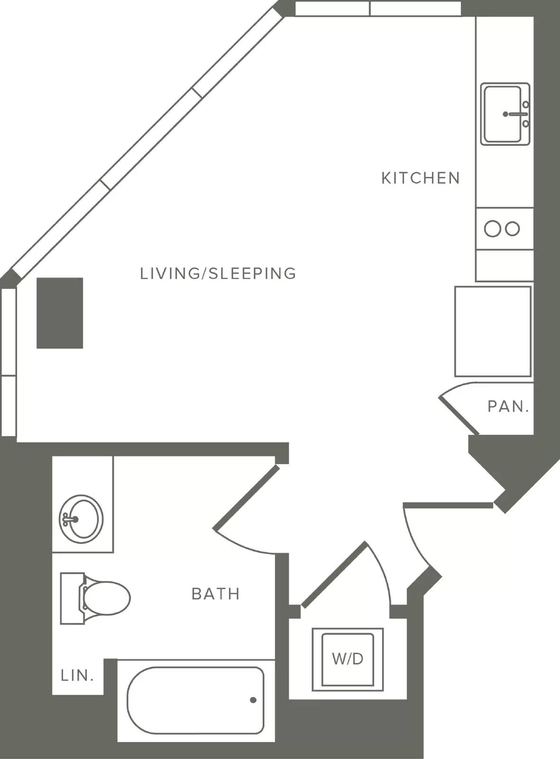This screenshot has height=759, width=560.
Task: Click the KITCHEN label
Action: [421, 178]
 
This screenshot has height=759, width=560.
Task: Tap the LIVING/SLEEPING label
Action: [218, 273]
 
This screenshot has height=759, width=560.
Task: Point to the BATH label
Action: [216, 594]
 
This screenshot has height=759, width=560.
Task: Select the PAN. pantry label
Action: [508, 406]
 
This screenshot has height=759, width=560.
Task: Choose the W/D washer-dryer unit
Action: [348, 659]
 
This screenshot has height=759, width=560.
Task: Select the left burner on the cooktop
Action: [493, 229]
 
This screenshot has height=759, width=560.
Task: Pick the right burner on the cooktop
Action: [513, 229]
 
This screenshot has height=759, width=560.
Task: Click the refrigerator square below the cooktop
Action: [493, 331]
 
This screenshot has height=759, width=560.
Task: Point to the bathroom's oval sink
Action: [81, 519]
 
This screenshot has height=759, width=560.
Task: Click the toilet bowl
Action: [107, 598]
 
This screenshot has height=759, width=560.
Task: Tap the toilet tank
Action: [72, 598]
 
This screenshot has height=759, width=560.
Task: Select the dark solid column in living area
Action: [60, 313]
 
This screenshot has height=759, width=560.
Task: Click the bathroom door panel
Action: [246, 497]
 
